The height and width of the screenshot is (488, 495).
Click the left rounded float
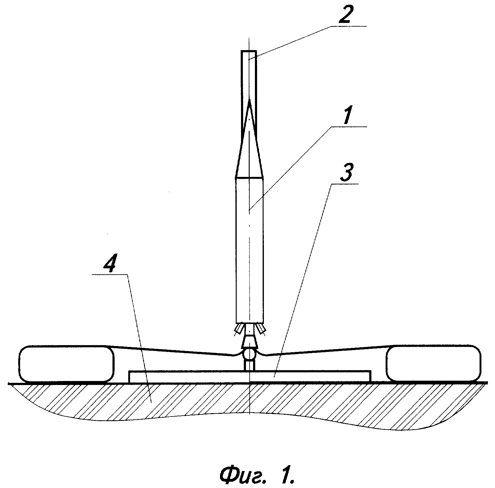(x=66, y=363)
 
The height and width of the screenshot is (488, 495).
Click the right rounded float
(x=433, y=363)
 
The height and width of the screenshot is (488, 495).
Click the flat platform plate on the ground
(x=250, y=376)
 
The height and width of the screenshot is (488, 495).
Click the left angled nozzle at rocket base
(x=239, y=329)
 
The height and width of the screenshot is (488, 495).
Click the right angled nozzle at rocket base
(x=260, y=329)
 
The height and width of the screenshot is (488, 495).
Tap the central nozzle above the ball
(x=249, y=340)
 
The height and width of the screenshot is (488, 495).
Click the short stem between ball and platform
(x=249, y=365)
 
